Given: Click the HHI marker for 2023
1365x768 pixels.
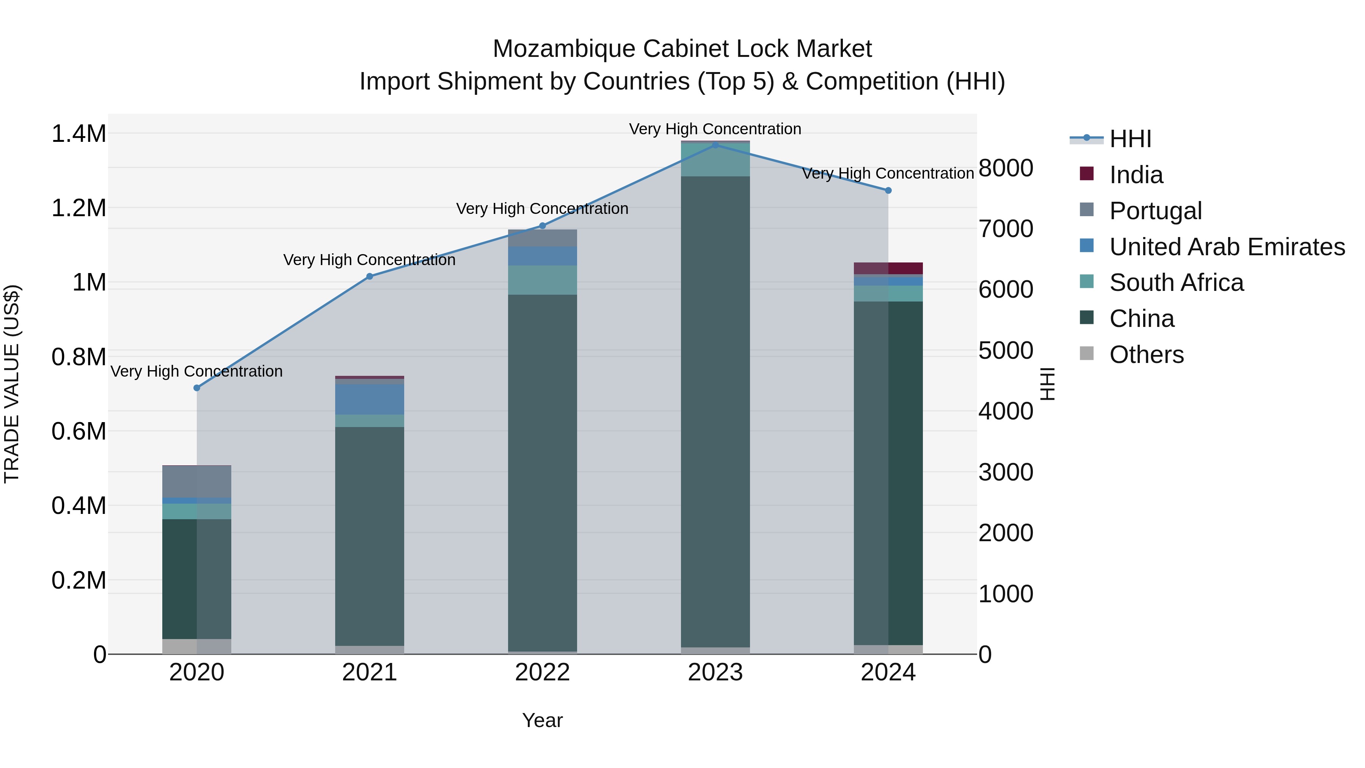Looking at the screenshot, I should coord(715,145).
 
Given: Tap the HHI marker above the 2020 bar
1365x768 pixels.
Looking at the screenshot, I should coord(196,388).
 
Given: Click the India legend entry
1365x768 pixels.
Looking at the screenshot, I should coord(1136,175).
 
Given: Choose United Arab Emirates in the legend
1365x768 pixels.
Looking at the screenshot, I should coord(1227,247).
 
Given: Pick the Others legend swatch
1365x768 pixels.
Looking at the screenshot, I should coord(1086,353).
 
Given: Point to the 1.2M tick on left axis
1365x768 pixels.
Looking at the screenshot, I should coord(78,208).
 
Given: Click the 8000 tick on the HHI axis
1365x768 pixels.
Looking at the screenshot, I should coord(1005,168).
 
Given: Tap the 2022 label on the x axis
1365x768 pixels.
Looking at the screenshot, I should coord(542,672).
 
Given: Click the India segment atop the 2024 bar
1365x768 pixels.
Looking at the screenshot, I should coord(888,268).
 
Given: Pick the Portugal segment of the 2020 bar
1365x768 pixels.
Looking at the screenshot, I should coord(196,481).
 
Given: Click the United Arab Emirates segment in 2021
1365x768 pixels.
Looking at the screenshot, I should coord(369,399).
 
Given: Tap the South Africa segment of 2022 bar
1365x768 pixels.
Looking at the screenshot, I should coord(542,280).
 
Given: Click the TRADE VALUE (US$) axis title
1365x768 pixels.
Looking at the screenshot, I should coord(12,384).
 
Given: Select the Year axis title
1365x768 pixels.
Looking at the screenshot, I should coord(542,720).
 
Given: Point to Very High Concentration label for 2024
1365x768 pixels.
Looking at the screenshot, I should coord(888,173).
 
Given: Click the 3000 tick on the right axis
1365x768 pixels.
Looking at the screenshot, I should coord(1005,472).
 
